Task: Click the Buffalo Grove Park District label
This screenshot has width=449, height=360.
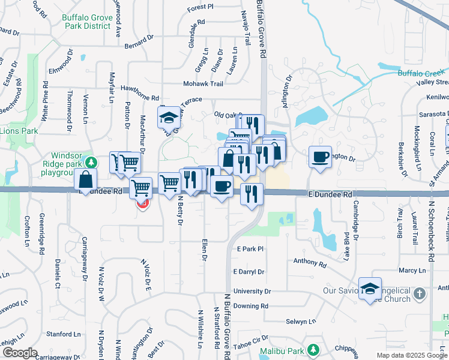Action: click(x=87, y=22)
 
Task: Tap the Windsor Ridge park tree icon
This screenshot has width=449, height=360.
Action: click(x=91, y=162)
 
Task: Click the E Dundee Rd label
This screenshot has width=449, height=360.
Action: click(x=330, y=194)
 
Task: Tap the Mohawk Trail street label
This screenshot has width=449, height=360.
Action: click(x=203, y=84)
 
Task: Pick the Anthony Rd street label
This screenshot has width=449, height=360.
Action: click(x=310, y=262)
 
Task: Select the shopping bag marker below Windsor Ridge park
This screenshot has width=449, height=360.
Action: click(x=86, y=179)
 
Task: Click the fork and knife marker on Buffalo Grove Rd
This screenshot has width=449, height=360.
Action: click(x=252, y=194)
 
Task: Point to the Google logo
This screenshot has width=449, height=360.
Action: click(x=20, y=353)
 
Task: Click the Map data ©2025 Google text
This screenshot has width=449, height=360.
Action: click(x=411, y=355)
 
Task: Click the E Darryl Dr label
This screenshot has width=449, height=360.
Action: click(x=249, y=272)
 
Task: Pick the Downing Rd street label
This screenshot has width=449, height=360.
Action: click(x=251, y=306)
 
